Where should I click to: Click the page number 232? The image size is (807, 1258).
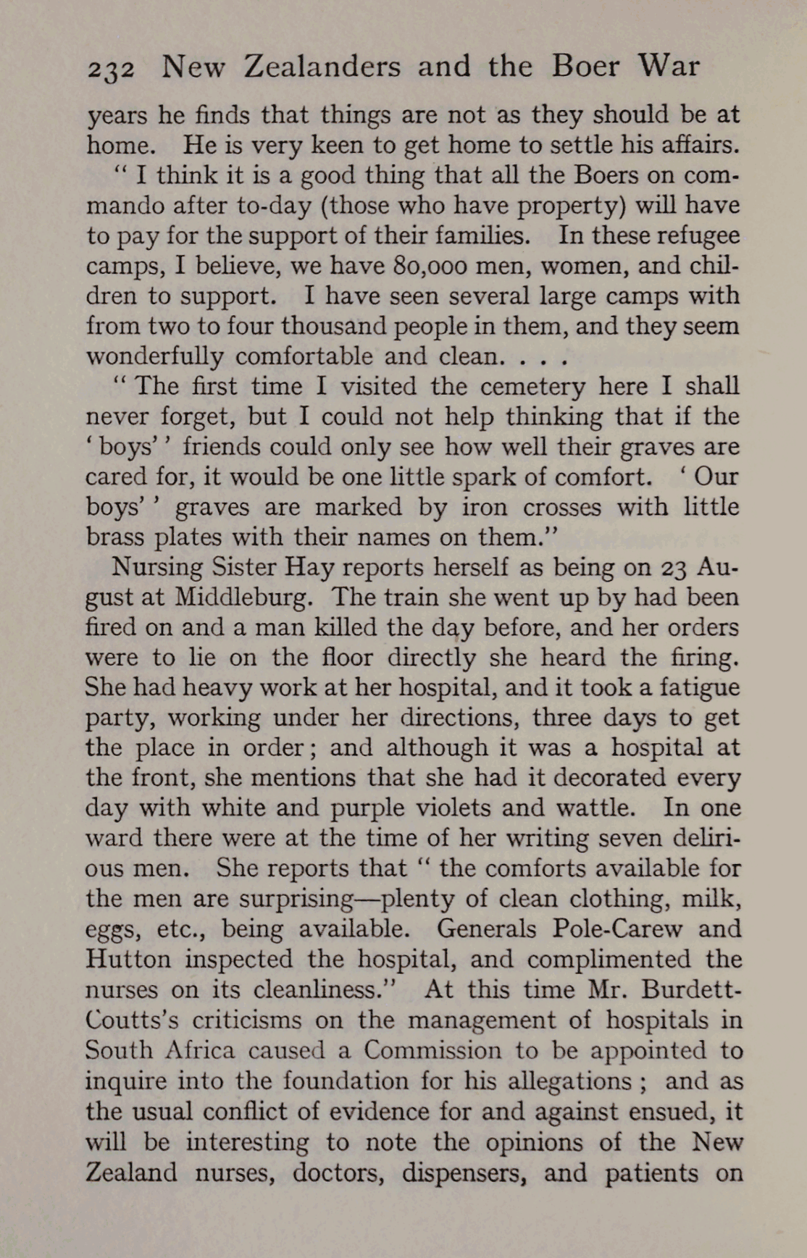coord(110,69)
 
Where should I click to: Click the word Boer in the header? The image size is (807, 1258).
coord(585,67)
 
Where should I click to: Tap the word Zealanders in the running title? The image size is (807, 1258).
coord(322,67)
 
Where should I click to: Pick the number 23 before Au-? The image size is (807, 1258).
coord(674,568)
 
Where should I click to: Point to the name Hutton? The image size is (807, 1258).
coord(128,959)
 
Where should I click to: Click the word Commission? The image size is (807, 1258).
coord(432,1050)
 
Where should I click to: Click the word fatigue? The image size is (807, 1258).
coord(694,687)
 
